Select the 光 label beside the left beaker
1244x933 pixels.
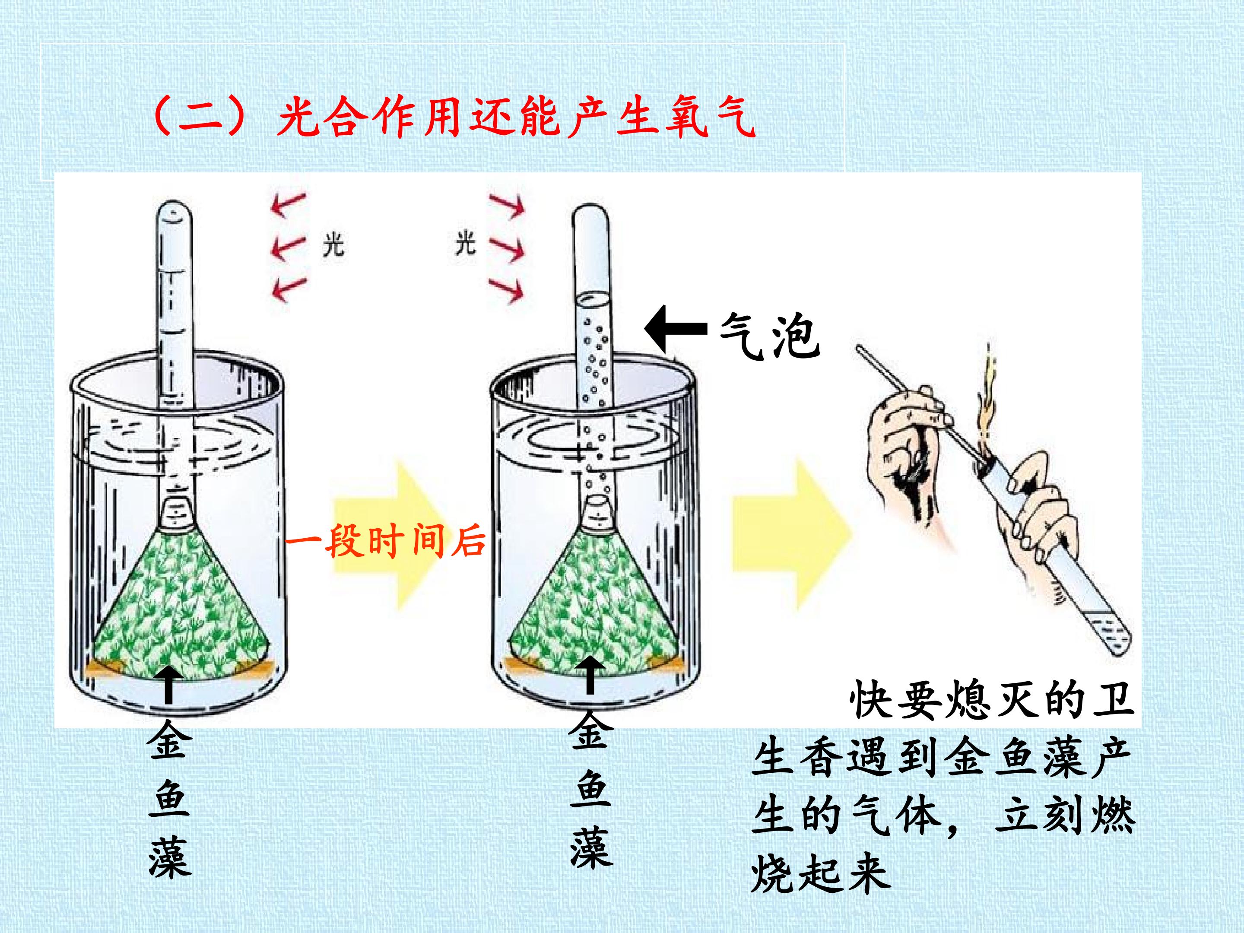click(333, 245)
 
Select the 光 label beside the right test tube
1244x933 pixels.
click(466, 244)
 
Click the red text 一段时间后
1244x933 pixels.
click(385, 540)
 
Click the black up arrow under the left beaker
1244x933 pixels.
click(168, 685)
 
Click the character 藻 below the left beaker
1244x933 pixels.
click(170, 858)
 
